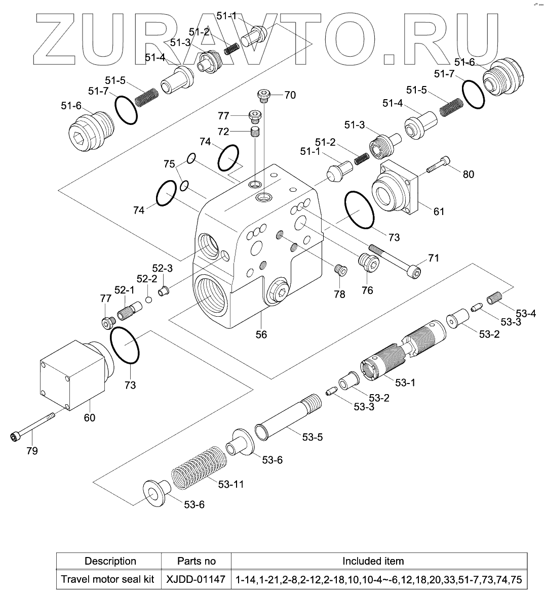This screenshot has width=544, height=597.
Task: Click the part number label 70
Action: [290, 95]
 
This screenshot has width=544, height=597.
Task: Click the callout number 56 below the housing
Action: [261, 334]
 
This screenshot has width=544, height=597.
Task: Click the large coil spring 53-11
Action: [195, 468]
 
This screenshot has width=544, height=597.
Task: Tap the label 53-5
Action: [312, 438]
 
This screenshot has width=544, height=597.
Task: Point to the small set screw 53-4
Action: [494, 298]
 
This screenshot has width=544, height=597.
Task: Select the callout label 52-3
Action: [163, 268]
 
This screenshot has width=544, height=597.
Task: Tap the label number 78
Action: [339, 293]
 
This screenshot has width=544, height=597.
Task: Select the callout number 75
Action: [169, 164]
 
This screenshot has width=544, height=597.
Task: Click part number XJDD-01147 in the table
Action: [196, 579]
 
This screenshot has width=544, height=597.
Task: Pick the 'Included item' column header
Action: [373, 561]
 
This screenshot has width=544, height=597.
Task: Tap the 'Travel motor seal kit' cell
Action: [107, 579]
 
